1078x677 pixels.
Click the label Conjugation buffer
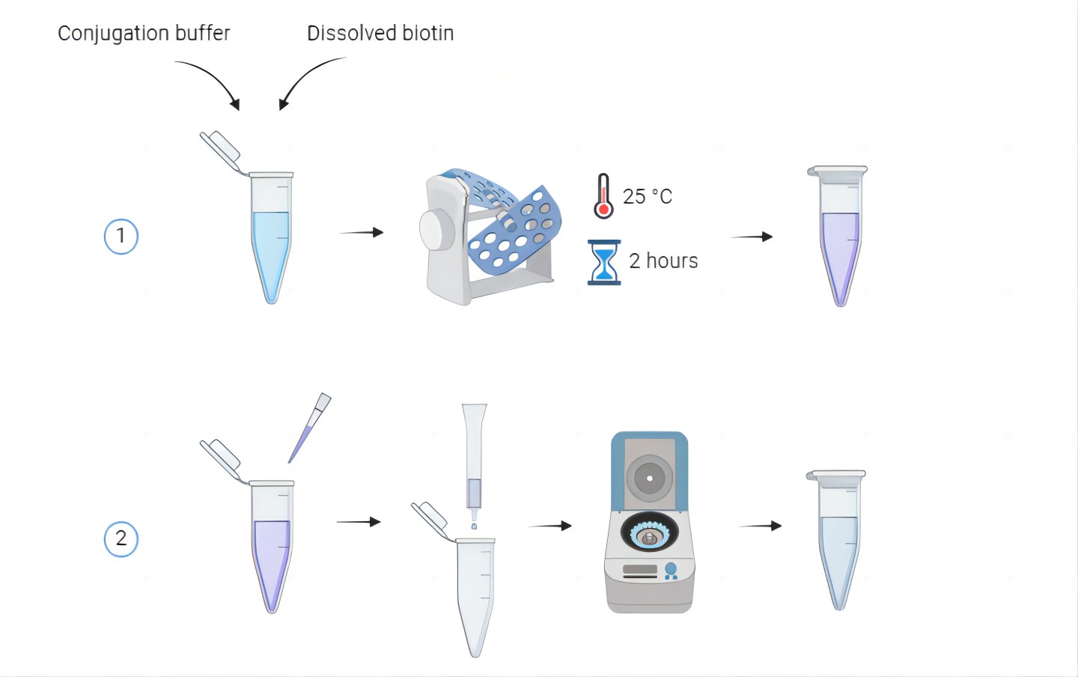point(144,34)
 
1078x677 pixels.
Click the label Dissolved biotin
point(380,34)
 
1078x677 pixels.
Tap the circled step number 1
point(121,237)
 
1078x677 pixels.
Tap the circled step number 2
point(121,539)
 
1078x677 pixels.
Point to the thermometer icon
point(603,196)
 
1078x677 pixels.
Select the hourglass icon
point(603,262)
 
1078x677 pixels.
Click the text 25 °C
point(648,196)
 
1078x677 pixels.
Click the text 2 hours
point(663,261)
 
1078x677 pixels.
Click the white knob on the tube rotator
point(437,231)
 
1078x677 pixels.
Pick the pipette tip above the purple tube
point(309,427)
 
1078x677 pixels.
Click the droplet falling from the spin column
point(474,526)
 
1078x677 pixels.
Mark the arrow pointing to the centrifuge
point(549,526)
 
